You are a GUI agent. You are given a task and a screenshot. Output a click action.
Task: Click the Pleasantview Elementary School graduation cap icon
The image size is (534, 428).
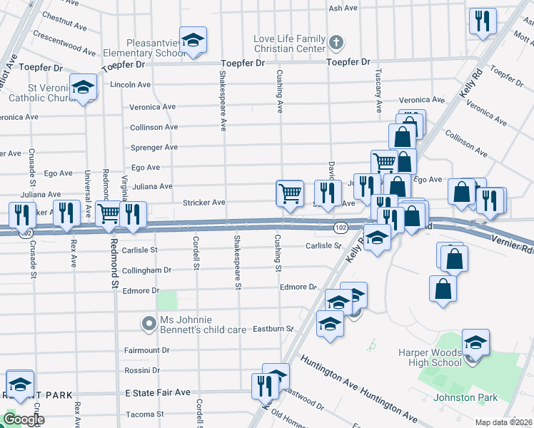tap(192, 41)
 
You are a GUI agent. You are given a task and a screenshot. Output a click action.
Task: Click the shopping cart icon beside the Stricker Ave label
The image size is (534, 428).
tap(289, 192)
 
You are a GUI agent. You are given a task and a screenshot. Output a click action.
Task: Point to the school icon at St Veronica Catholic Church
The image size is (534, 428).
tap(83, 87)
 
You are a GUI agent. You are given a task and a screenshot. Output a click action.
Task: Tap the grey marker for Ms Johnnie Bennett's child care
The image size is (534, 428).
tap(148, 324)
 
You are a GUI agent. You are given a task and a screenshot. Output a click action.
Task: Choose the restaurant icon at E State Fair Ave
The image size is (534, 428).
tap(265, 386)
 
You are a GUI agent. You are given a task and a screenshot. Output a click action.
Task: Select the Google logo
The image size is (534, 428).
tap(24, 419)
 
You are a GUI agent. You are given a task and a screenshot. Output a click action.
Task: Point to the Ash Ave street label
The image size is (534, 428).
tap(342, 8)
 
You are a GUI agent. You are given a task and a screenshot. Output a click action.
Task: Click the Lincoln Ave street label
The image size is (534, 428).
tap(130, 84)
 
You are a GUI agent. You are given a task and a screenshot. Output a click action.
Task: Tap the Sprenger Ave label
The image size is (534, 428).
tap(153, 147)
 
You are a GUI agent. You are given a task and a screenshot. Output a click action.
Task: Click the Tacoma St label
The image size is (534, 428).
tap(145, 414)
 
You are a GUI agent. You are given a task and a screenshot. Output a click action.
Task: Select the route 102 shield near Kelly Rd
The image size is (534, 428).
tap(340, 226)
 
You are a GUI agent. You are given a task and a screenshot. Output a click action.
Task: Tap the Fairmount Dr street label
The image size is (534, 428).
tap(146, 350)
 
